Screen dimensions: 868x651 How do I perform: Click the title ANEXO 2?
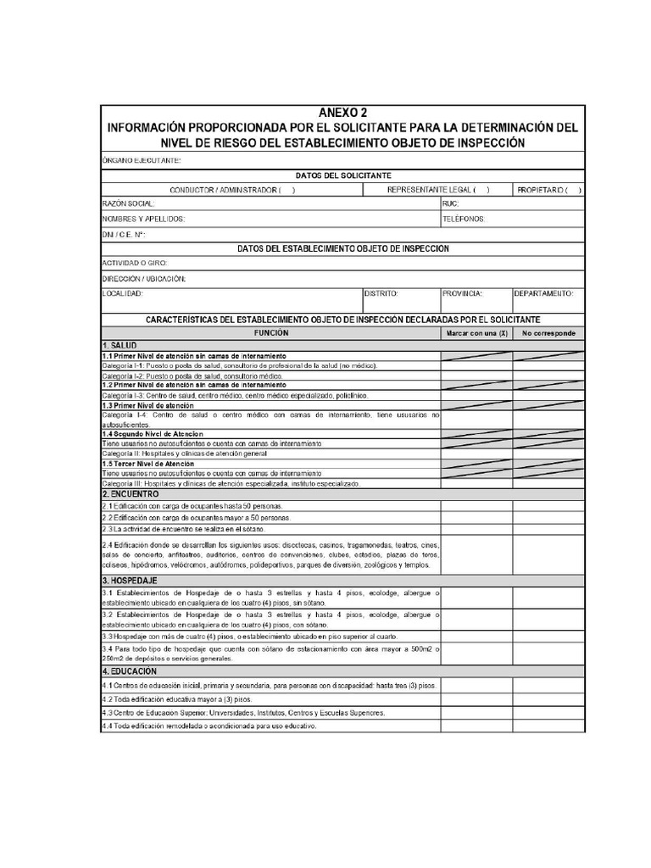coord(342,113)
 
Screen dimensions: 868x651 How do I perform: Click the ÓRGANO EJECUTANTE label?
coord(141,160)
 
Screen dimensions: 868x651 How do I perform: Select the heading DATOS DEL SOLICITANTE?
coord(342,175)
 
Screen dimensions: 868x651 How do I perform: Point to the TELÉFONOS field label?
coord(464,219)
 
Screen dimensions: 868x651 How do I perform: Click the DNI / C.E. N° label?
coord(124,234)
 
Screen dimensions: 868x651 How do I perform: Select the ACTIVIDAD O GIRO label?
coord(134,264)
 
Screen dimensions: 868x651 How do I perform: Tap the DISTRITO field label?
coord(381,293)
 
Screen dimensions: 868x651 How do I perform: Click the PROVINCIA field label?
coord(462,293)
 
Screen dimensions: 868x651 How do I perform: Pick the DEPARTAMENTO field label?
coord(544,293)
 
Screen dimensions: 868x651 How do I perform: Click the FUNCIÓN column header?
coord(270,333)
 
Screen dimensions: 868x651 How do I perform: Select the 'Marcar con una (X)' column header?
coord(476,334)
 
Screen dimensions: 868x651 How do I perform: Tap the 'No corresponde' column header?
coord(548,334)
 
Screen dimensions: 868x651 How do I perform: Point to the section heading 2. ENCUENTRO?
coord(131,493)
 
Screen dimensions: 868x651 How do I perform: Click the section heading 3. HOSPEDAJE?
coord(131,581)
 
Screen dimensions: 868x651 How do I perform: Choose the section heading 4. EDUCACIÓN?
coord(131,670)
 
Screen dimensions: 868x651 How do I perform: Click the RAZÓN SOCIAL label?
coord(129,204)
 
